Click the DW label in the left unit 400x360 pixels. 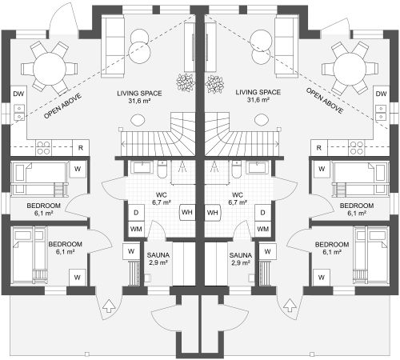pyautogui.click(x=18, y=94)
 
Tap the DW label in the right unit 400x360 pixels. pyautogui.click(x=381, y=94)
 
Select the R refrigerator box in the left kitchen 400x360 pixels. pyautogui.click(x=81, y=148)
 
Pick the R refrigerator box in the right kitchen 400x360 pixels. pyautogui.click(x=319, y=148)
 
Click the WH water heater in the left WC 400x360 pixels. pyautogui.click(x=187, y=213)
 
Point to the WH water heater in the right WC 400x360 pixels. pyautogui.click(x=213, y=213)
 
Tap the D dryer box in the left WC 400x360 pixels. pyautogui.click(x=136, y=213)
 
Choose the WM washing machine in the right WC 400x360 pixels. pyautogui.click(x=263, y=229)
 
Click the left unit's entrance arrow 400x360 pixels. pyautogui.click(x=109, y=306)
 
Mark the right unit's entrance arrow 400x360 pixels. pyautogui.click(x=290, y=306)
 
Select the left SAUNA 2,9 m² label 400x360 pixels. pyautogui.click(x=158, y=259)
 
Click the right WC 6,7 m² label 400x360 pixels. pyautogui.click(x=237, y=198)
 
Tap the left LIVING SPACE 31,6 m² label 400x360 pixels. pyautogui.click(x=139, y=97)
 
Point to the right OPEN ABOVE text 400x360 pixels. pyautogui.click(x=325, y=101)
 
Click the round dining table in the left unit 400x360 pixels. pyautogui.click(x=50, y=69)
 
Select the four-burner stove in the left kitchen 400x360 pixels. pyautogui.click(x=43, y=148)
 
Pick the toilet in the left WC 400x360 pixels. pyautogui.click(x=162, y=170)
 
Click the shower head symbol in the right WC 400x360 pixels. pyautogui.click(x=214, y=167)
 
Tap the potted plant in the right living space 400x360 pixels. pyautogui.click(x=214, y=83)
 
